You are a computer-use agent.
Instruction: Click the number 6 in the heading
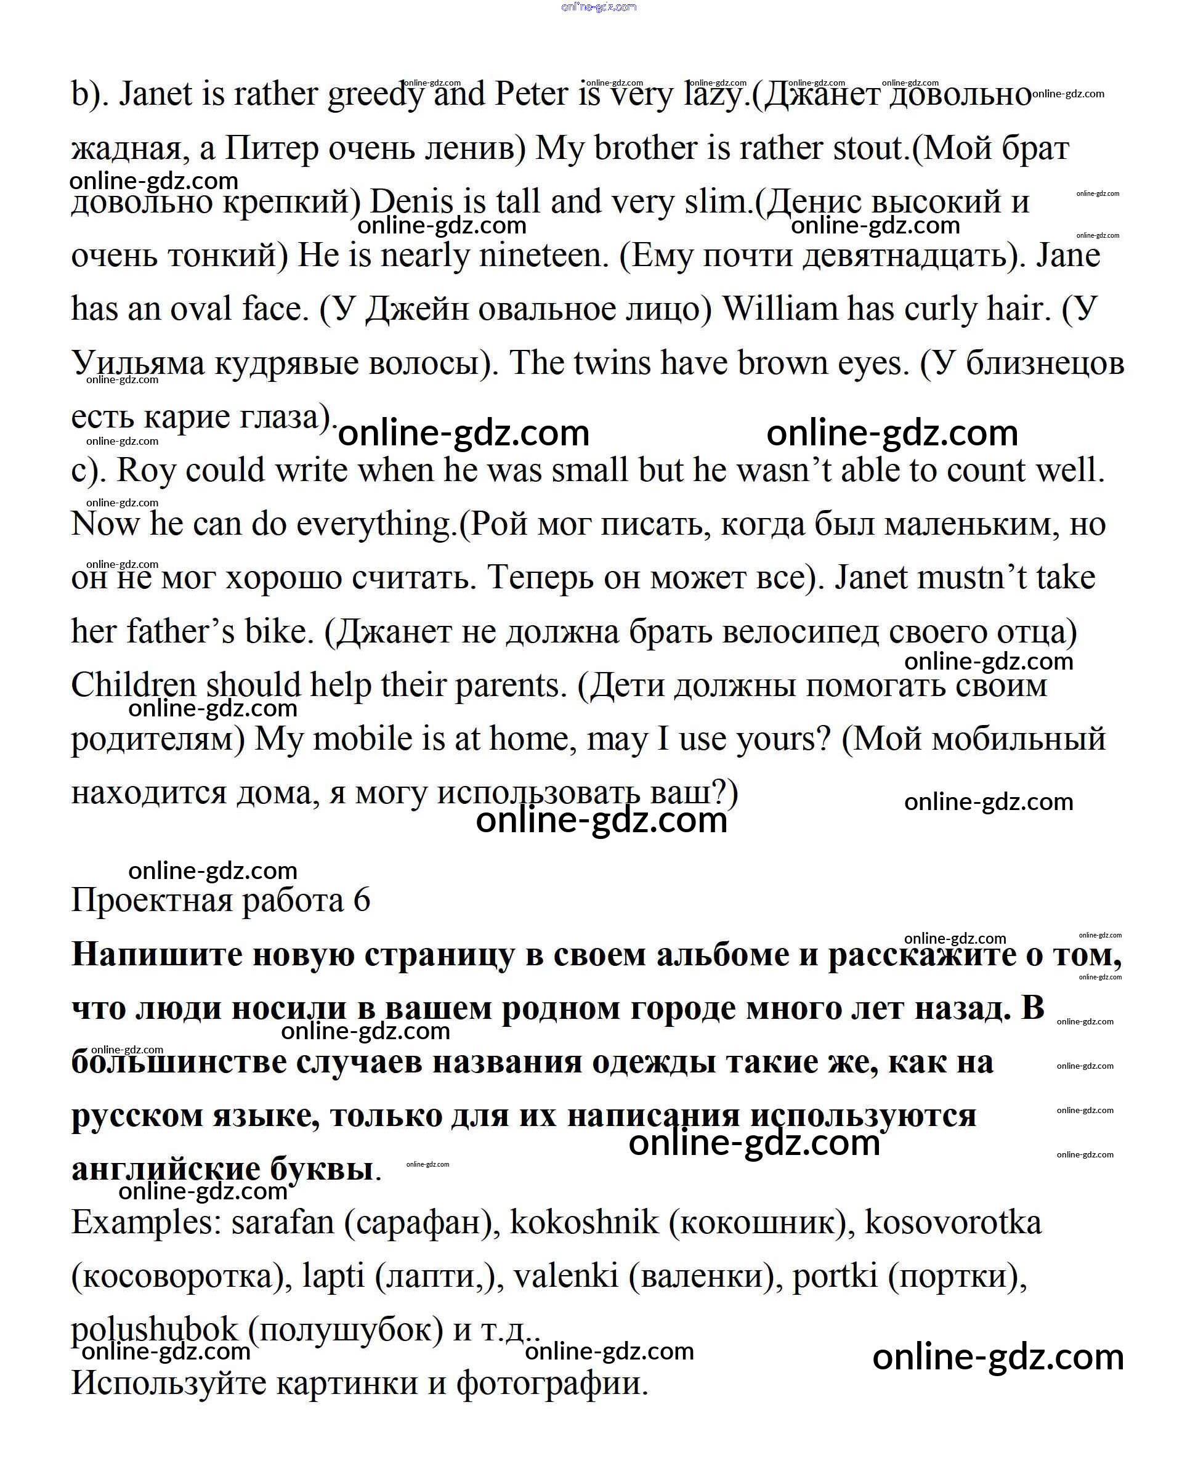pos(362,901)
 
